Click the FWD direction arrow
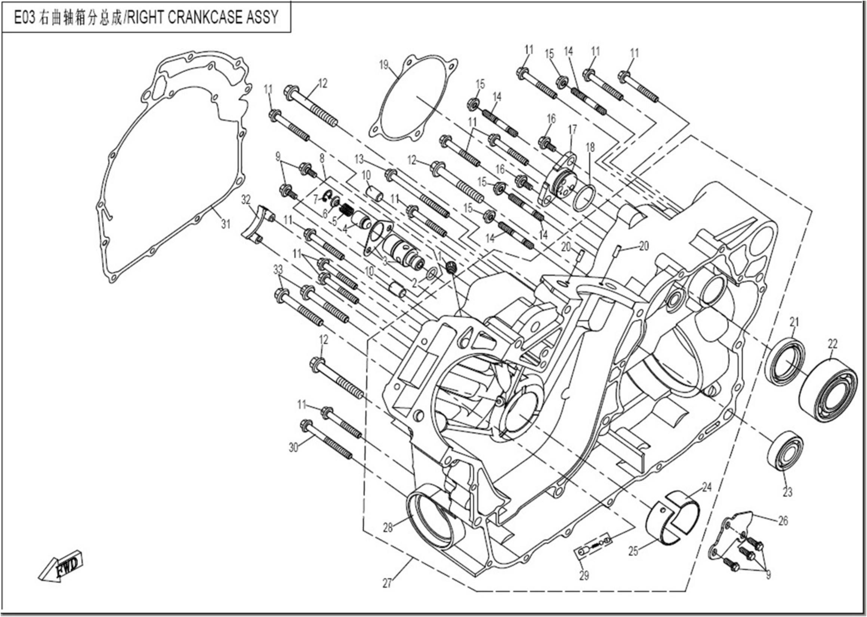coord(61,566)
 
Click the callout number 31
coord(226,224)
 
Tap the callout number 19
coord(384,65)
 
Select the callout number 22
coord(832,344)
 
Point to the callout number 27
coord(387,583)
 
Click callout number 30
coord(293,448)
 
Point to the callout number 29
coord(584,575)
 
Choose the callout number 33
coord(278,270)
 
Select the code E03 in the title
coord(24,18)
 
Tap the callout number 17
coord(572,129)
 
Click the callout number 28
coord(388,528)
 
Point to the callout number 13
coord(359,159)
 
